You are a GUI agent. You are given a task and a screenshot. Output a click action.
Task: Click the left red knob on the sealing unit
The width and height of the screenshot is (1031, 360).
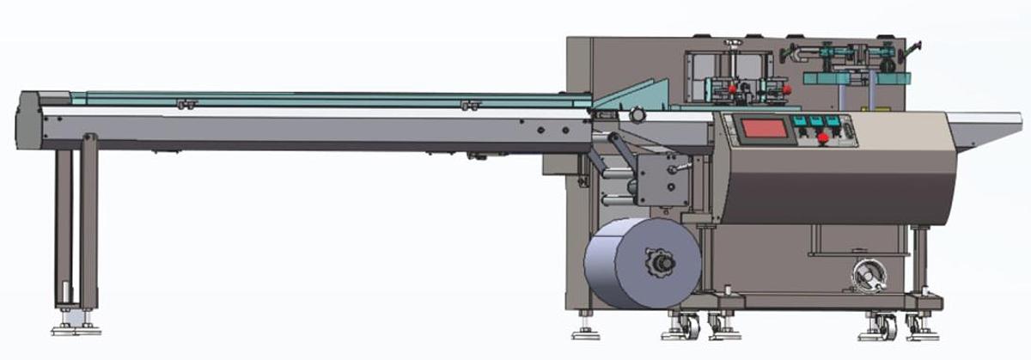pyautogui.click(x=732, y=88)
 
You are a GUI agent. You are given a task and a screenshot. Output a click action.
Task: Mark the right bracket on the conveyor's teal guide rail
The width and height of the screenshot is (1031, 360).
pyautogui.click(x=469, y=105)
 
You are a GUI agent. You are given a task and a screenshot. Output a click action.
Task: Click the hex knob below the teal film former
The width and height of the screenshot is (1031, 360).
pyautogui.click(x=638, y=114)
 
